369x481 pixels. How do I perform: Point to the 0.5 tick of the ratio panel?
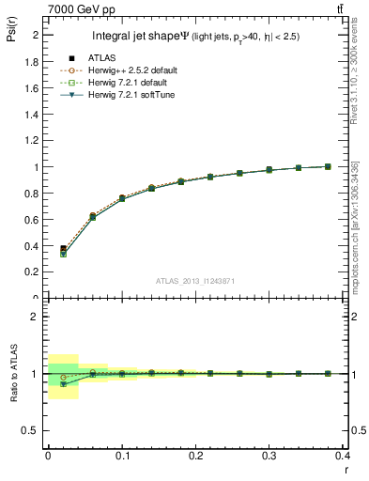coord(33,430)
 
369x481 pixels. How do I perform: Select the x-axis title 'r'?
coord(346,470)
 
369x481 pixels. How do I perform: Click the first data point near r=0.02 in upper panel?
coord(63,249)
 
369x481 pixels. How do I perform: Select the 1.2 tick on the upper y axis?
coord(34,141)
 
